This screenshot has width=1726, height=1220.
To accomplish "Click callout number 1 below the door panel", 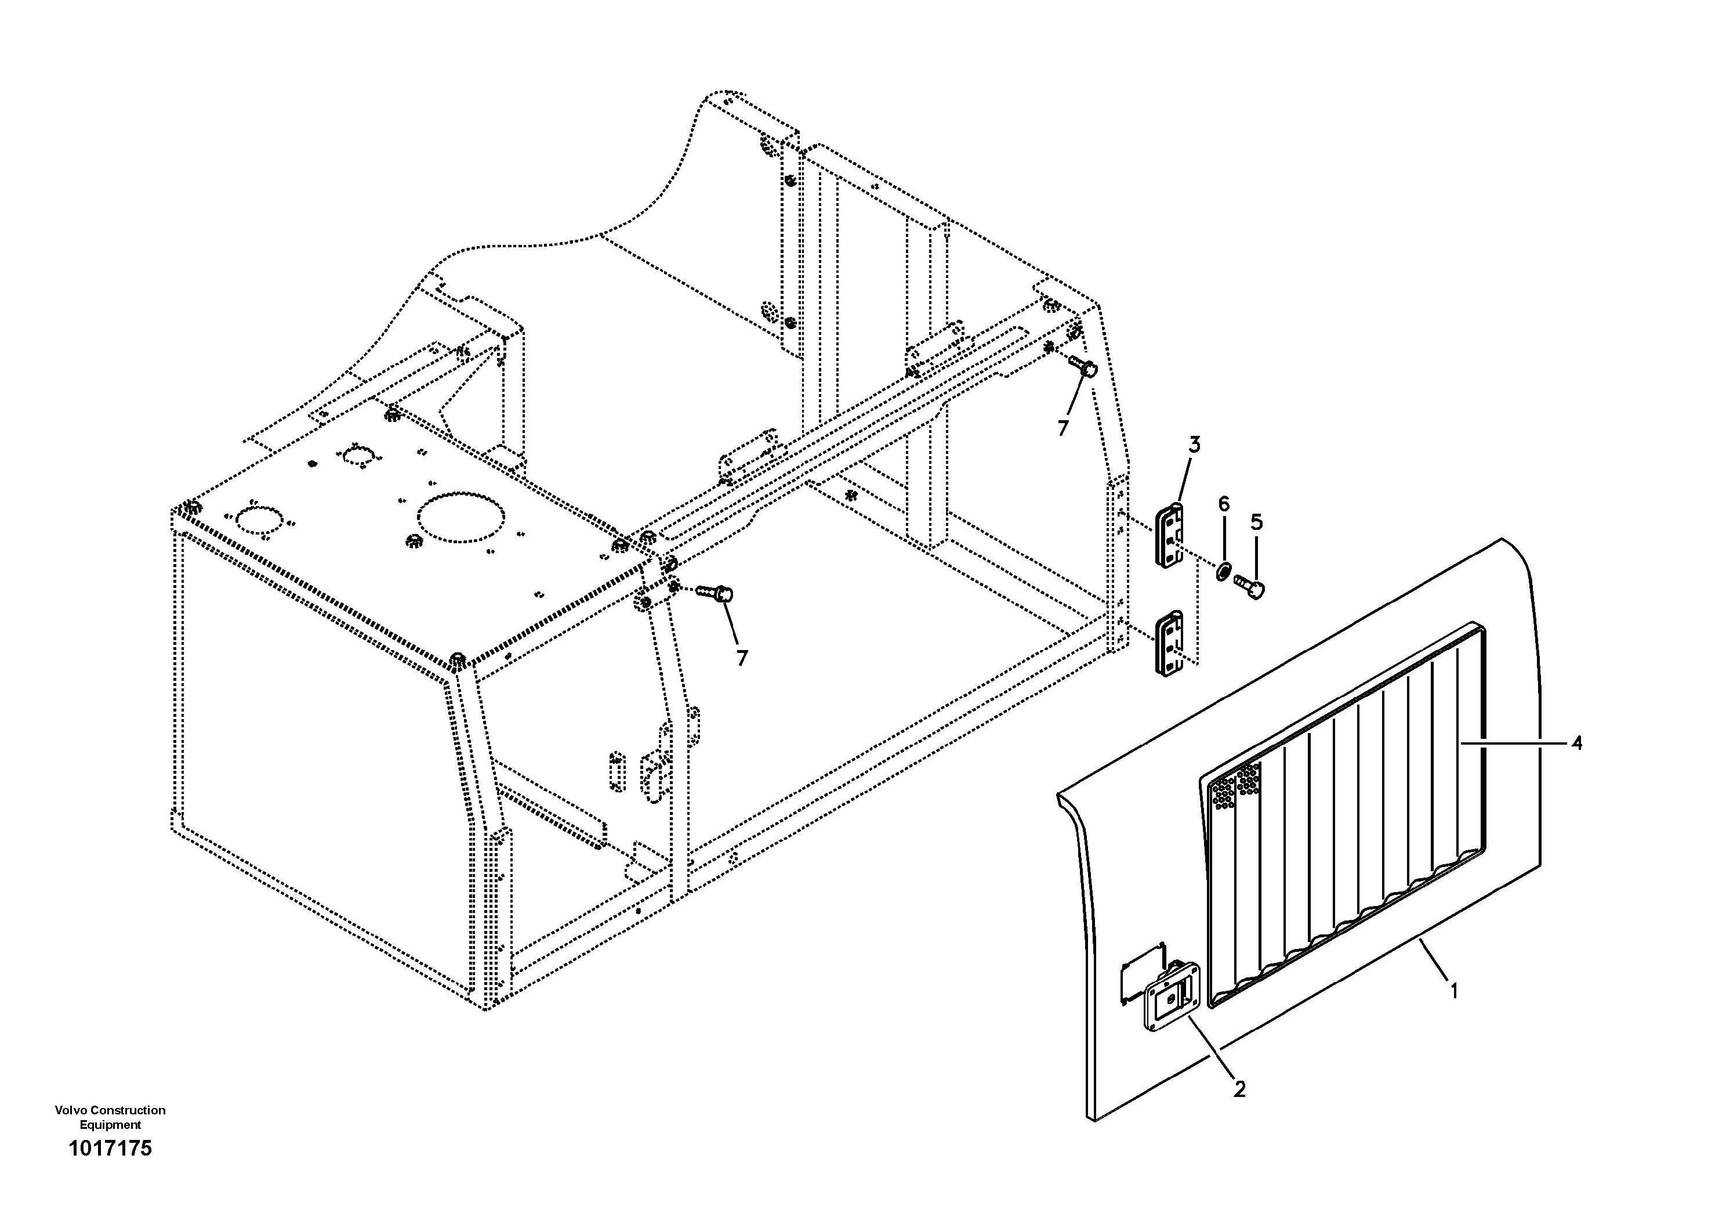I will pyautogui.click(x=1454, y=991).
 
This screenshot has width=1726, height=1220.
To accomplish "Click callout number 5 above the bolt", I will pyautogui.click(x=1256, y=522).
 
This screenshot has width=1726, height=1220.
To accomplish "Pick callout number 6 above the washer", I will pyautogui.click(x=1224, y=504).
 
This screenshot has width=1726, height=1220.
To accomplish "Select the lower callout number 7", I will pyautogui.click(x=742, y=658).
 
